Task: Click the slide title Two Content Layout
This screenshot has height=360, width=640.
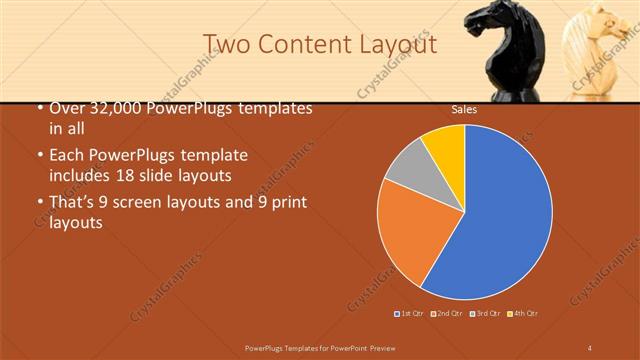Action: (x=319, y=45)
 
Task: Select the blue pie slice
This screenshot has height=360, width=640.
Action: (x=500, y=220)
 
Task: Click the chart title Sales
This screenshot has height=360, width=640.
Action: (x=463, y=109)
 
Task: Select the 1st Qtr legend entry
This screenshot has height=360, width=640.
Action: (x=410, y=314)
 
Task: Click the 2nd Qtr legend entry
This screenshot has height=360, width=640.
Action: (x=446, y=314)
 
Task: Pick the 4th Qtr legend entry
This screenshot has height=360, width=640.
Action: (x=523, y=314)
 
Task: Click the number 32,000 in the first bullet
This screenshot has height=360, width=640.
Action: (x=118, y=108)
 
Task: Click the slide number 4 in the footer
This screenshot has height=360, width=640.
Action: (x=590, y=346)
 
